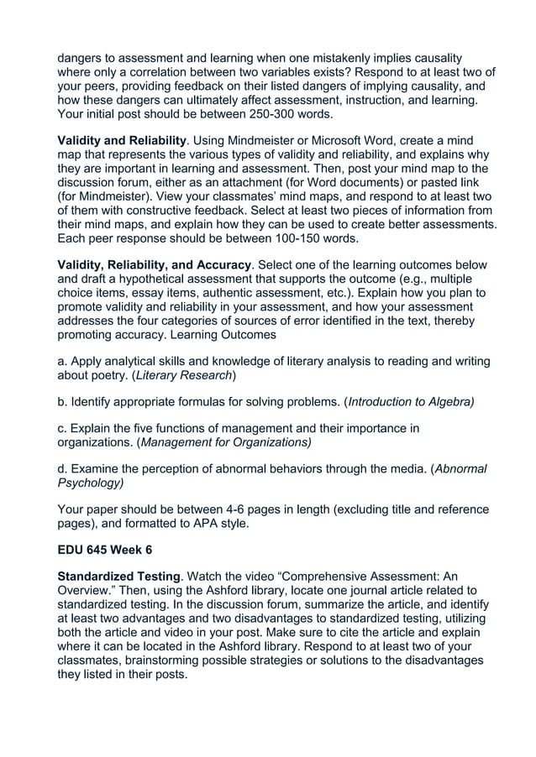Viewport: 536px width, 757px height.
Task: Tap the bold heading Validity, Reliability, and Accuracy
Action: coord(154,265)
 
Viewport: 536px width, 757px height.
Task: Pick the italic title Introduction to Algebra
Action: coord(411,402)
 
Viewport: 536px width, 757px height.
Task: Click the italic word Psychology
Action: coord(89,483)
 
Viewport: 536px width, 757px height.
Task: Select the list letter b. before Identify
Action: coord(62,402)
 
